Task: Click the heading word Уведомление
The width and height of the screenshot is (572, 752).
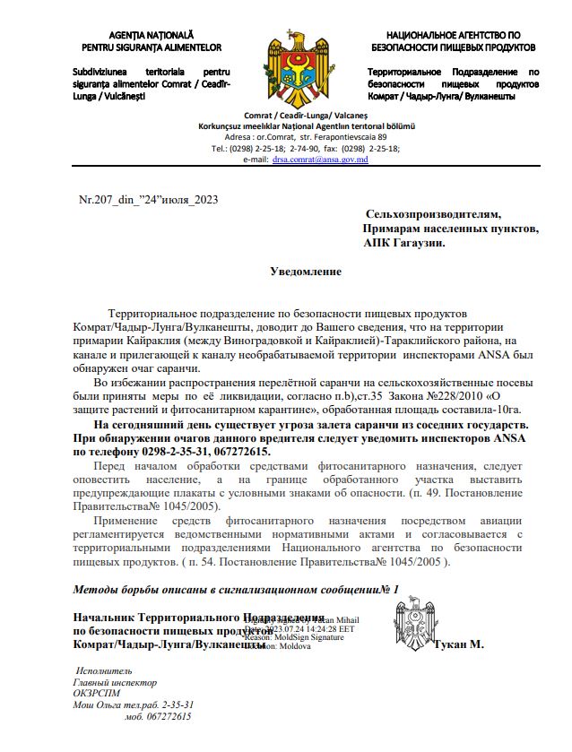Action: (307, 270)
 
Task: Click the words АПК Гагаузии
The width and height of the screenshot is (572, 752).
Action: (403, 242)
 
